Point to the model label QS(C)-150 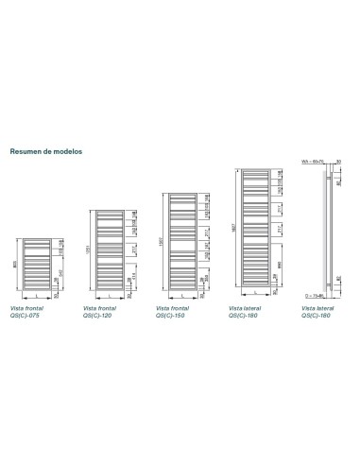click(x=171, y=315)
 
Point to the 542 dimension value click(x=60, y=274)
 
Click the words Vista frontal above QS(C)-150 click(x=172, y=308)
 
